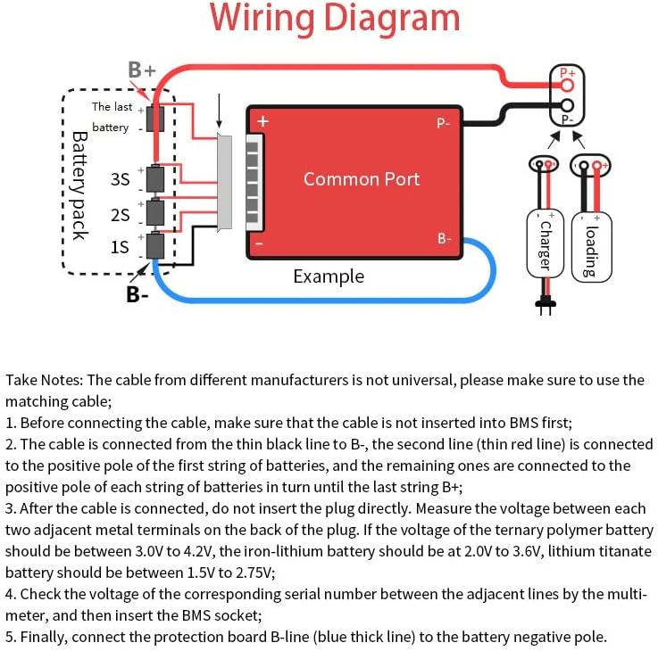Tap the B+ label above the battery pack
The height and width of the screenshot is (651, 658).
pyautogui.click(x=141, y=70)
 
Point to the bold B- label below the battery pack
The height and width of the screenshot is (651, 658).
pyautogui.click(x=137, y=293)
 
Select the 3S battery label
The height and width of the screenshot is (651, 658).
pyautogui.click(x=120, y=179)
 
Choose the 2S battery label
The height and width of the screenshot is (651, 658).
pyautogui.click(x=120, y=214)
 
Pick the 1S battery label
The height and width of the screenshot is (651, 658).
pyautogui.click(x=120, y=247)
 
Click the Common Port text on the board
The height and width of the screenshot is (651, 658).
pyautogui.click(x=361, y=178)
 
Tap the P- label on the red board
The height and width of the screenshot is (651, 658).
pyautogui.click(x=444, y=124)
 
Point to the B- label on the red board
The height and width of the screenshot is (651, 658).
pyautogui.click(x=445, y=238)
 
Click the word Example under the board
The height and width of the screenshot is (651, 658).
pyautogui.click(x=329, y=276)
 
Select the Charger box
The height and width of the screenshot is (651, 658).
pyautogui.click(x=544, y=242)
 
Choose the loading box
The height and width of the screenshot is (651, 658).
pyautogui.click(x=591, y=243)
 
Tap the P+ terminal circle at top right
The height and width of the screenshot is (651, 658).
pyautogui.click(x=566, y=78)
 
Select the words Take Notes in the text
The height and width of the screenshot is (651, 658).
pyautogui.click(x=44, y=381)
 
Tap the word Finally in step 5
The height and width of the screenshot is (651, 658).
pyautogui.click(x=46, y=637)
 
